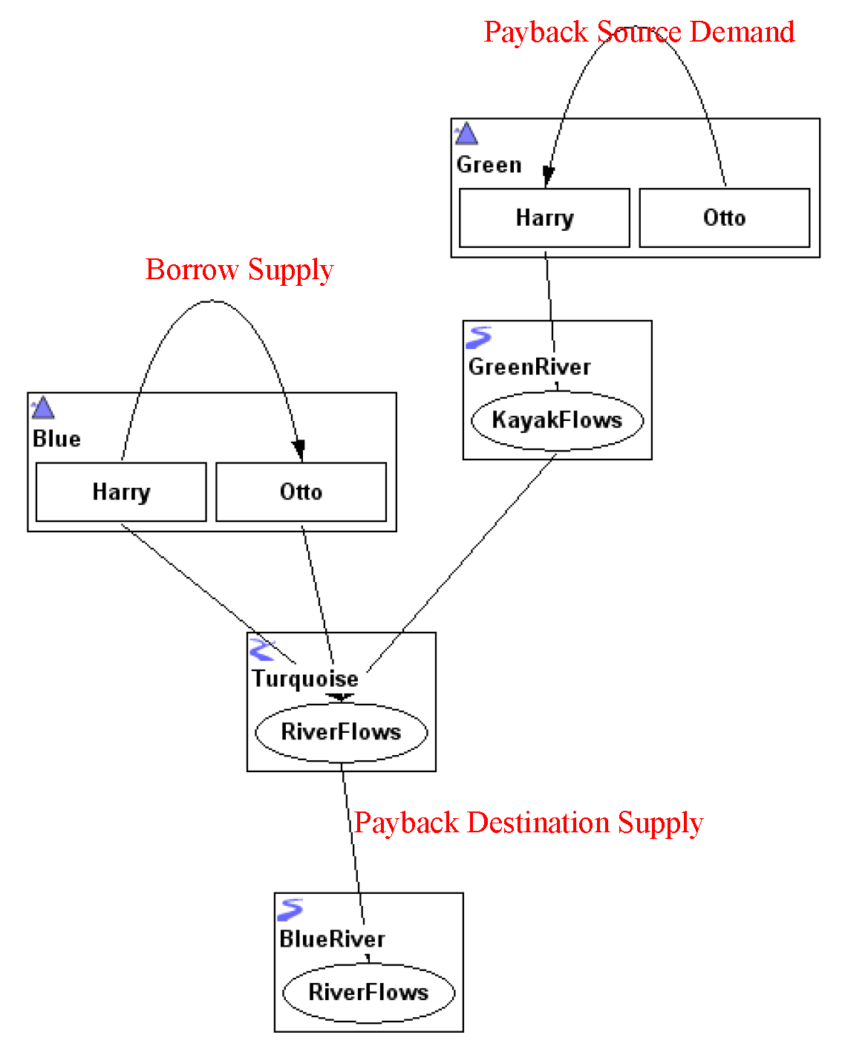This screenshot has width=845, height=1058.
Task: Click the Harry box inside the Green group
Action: [544, 218]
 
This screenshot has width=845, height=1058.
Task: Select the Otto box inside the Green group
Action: [724, 218]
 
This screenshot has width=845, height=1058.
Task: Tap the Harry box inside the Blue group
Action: [121, 492]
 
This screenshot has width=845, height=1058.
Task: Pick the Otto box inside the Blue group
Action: [301, 492]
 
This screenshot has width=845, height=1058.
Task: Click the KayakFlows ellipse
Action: [557, 420]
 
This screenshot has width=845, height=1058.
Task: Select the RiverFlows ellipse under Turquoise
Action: [341, 732]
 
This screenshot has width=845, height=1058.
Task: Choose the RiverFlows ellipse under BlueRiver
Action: [368, 992]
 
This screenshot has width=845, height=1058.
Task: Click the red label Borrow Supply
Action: [239, 270]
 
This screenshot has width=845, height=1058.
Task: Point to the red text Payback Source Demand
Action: [639, 32]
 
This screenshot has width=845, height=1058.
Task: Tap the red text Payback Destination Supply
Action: [528, 823]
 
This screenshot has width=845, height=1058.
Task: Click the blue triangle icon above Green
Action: [466, 134]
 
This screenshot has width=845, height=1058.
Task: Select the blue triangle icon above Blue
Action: [43, 408]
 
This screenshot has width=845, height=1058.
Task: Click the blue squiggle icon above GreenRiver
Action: [479, 338]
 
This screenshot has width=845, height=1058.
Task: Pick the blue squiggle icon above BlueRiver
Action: [290, 910]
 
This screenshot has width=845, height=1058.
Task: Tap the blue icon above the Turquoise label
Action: [262, 649]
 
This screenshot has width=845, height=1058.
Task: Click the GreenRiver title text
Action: [529, 367]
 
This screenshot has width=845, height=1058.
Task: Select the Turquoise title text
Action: [304, 679]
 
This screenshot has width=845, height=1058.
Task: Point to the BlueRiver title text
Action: [332, 939]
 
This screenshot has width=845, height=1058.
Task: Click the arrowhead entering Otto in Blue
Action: [298, 450]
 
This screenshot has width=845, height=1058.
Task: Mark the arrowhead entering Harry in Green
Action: [548, 177]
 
